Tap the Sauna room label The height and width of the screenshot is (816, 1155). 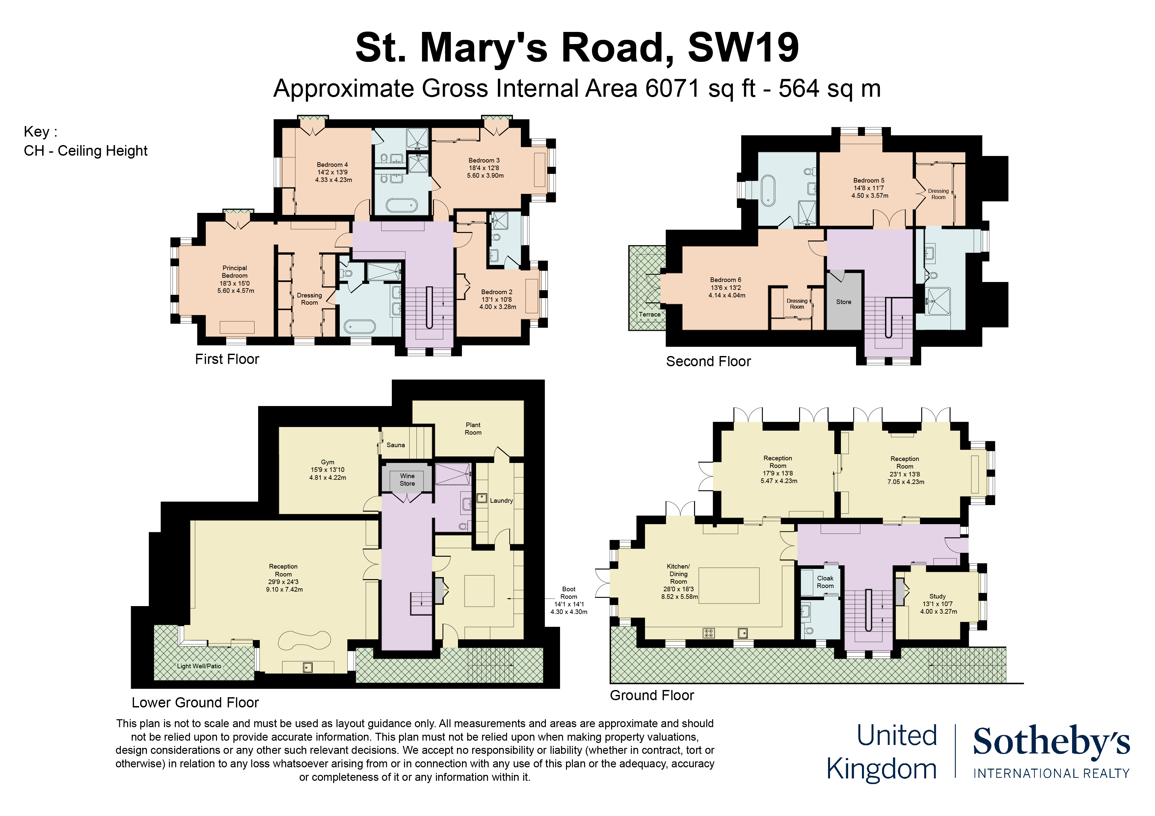[x=395, y=445]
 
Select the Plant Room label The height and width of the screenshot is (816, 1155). [x=473, y=428]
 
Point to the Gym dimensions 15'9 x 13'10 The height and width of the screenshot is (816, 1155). [x=328, y=470]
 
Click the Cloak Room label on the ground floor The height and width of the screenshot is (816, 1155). [x=825, y=582]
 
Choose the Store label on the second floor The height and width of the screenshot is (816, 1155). [x=844, y=302]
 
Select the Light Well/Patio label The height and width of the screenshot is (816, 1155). [x=199, y=666]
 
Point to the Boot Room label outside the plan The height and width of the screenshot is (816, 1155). [x=568, y=593]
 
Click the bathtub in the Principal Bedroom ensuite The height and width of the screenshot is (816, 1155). [x=359, y=327]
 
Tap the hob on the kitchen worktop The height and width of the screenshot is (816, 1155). [x=708, y=633]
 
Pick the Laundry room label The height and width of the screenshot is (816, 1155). [x=501, y=501]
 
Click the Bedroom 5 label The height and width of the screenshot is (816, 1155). [x=869, y=181]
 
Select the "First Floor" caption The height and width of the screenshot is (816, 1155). [x=227, y=359]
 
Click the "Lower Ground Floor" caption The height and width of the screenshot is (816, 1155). [x=195, y=702]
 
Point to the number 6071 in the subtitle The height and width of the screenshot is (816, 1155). [x=673, y=89]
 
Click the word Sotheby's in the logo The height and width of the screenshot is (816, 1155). [x=1051, y=742]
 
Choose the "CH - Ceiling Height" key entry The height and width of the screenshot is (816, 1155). [x=86, y=151]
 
